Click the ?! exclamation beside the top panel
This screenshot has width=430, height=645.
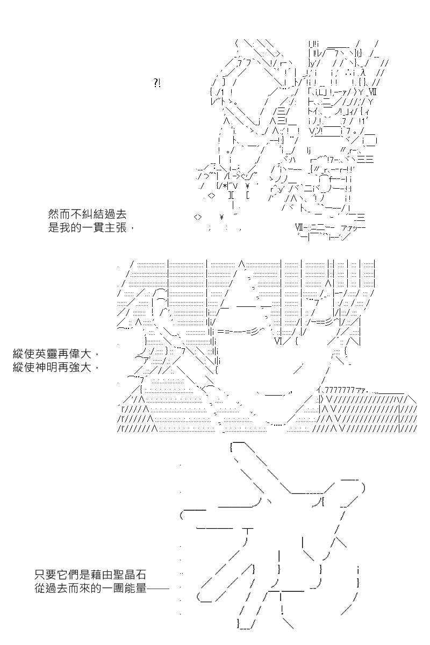[x=156, y=83]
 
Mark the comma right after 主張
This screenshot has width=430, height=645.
[x=132, y=230]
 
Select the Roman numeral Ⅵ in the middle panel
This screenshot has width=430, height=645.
[x=278, y=341]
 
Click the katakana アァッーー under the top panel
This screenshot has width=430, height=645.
[x=353, y=228]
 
